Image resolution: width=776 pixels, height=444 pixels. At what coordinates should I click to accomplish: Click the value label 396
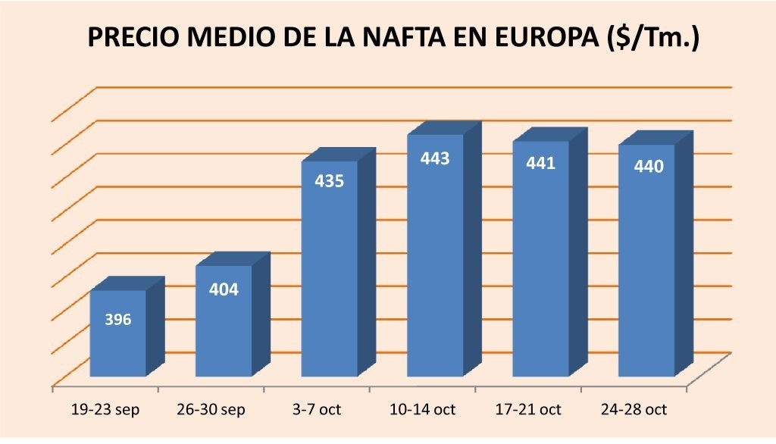(x=117, y=319)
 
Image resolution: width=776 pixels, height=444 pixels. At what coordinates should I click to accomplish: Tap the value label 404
(x=224, y=289)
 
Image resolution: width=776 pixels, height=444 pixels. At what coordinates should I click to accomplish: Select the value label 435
(x=330, y=181)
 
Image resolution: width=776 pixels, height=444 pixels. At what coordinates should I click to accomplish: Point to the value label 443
(x=436, y=158)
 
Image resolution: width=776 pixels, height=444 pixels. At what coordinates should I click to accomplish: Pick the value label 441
(x=541, y=163)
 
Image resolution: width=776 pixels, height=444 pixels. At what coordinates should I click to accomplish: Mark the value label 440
(x=649, y=166)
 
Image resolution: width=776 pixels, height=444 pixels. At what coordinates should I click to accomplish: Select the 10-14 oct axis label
(x=424, y=410)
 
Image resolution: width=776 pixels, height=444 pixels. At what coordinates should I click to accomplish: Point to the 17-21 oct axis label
(x=530, y=410)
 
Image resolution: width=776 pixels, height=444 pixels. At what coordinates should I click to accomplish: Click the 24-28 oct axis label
(x=635, y=410)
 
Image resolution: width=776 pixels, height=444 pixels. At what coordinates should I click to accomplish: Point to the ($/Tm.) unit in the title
(x=652, y=38)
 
